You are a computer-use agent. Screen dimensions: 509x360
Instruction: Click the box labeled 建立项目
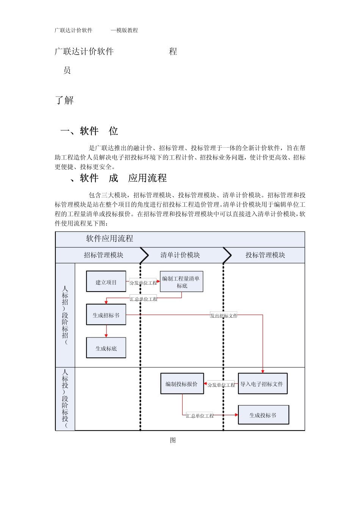coord(106,281)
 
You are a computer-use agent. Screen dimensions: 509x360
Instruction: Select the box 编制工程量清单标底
coord(182,282)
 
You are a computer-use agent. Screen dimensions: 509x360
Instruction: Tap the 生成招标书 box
coord(106,315)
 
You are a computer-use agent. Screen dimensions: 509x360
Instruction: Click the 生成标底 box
coord(106,348)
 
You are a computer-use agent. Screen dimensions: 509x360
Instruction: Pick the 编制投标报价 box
coord(182,384)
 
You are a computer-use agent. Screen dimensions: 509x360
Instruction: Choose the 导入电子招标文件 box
coord(262,384)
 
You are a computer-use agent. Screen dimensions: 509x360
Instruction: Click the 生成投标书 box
coord(263,415)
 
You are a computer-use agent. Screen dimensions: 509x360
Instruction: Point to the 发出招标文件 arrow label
coord(224,315)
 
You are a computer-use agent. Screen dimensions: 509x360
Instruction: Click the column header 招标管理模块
coord(103,255)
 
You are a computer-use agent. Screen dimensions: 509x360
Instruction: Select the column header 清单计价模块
coord(180,255)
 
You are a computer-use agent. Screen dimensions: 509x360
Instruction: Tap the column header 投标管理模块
coord(265,255)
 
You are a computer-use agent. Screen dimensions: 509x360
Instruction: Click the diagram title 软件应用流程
coord(110,239)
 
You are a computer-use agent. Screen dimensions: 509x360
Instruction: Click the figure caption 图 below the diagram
coord(173,440)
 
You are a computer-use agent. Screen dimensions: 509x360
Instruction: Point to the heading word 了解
coord(64,100)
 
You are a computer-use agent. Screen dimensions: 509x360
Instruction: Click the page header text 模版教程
coord(127,30)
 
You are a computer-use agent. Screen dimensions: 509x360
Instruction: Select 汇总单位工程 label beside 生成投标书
coord(200,415)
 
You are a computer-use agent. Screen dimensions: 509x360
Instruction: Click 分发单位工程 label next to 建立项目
coord(143,283)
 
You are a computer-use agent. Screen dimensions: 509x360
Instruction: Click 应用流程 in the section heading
coord(147,178)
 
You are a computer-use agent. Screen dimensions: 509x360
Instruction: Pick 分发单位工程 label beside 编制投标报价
coord(221,385)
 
